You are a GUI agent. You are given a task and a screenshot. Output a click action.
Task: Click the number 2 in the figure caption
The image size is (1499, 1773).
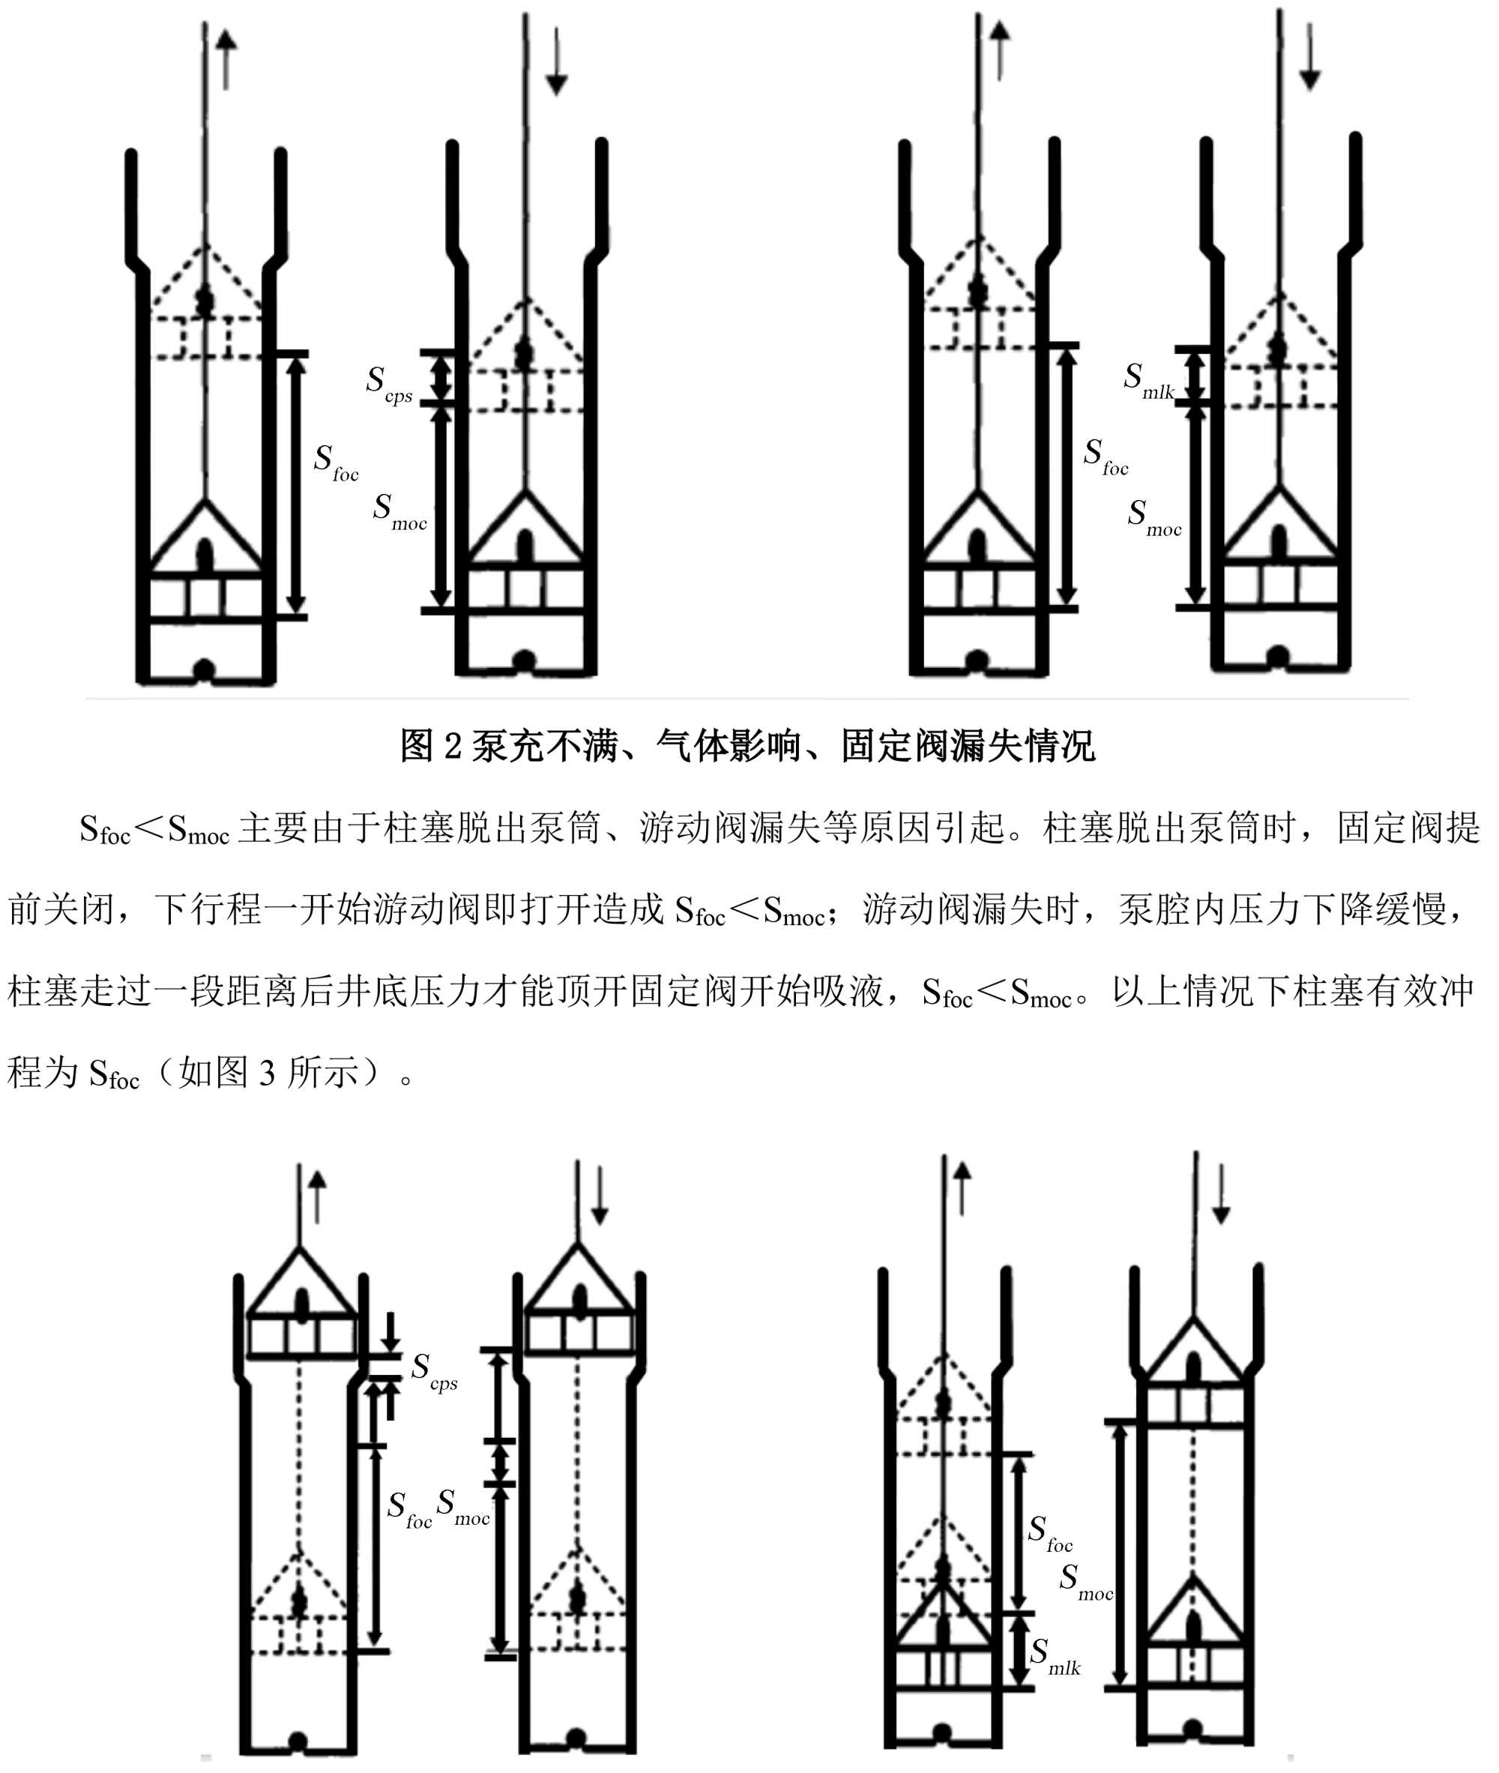tap(453, 746)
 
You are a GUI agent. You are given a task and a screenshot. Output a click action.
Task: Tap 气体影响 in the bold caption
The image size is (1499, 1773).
tap(729, 746)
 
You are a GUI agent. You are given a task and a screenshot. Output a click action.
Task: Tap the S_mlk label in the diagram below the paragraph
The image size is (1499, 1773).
tap(1054, 1654)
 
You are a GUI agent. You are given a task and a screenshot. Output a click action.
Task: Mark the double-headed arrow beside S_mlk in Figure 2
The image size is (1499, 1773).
tap(1195, 375)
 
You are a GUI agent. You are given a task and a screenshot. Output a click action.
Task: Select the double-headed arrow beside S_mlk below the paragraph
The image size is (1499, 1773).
tap(1018, 1649)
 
